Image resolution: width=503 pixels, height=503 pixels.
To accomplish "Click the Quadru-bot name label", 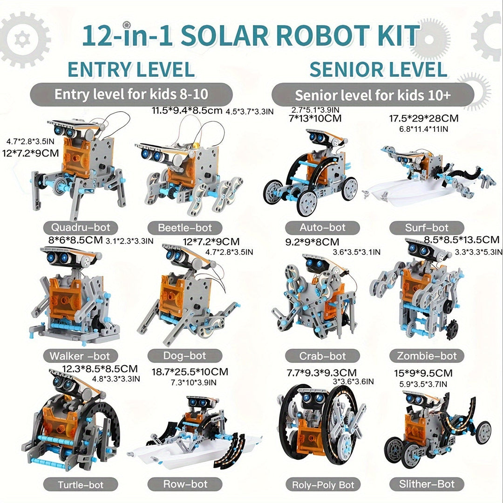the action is [81, 227].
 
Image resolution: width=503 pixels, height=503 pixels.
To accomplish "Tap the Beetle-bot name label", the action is [185, 228].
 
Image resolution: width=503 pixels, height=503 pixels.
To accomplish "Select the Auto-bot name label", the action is [322, 227].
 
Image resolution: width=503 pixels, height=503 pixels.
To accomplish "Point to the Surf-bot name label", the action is [427, 228].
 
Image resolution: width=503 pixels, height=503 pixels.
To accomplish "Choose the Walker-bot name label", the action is [81, 356].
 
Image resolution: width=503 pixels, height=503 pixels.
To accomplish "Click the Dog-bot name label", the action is [185, 355].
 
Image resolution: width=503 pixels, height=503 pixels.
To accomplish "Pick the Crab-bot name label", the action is [322, 356].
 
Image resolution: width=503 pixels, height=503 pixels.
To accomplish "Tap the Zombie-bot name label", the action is [427, 356].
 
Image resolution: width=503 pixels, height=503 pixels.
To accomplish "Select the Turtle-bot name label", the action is [81, 484].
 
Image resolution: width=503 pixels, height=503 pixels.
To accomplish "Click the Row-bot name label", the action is [185, 484].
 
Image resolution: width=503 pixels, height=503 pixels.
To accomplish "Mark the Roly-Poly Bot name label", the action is [322, 484].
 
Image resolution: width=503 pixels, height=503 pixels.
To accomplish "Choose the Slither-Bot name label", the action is [427, 484].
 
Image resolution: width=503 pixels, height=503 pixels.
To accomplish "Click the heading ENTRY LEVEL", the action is [131, 69].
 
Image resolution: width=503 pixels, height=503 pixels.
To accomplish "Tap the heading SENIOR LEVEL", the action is [378, 69].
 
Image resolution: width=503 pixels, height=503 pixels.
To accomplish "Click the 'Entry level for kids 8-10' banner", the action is [131, 94].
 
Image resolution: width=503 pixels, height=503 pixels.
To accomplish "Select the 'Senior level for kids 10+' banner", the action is [373, 95].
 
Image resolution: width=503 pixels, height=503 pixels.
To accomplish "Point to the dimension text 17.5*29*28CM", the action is [424, 118].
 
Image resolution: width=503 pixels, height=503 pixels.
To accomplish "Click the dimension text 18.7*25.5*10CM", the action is [190, 372].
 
